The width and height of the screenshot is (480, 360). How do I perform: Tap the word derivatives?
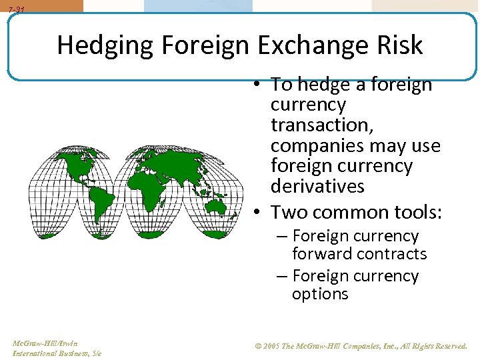coord(317,185)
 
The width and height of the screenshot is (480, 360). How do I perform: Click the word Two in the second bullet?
coord(288,213)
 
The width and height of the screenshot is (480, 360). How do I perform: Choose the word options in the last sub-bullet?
coord(320,294)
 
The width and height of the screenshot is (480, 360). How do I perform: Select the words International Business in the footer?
coord(51,353)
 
